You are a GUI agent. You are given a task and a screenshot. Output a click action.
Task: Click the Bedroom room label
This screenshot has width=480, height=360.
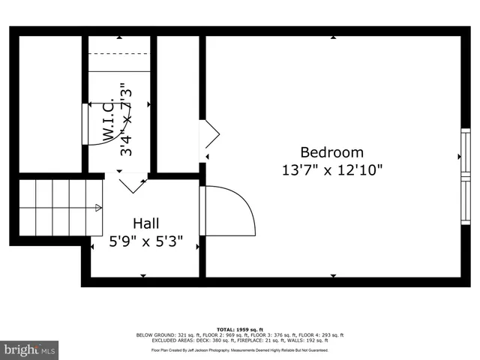(331, 151)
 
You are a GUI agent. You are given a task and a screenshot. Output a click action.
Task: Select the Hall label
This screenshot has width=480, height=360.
(145, 223)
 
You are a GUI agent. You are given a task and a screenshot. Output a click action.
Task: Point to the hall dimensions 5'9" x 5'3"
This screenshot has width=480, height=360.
(145, 242)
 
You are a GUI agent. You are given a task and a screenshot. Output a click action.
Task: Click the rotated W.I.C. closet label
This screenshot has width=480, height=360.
(108, 120)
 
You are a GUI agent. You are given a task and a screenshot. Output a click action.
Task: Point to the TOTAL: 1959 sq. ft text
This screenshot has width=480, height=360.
(239, 329)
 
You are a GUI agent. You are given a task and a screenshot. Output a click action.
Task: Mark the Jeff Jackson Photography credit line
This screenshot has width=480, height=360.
(239, 349)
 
